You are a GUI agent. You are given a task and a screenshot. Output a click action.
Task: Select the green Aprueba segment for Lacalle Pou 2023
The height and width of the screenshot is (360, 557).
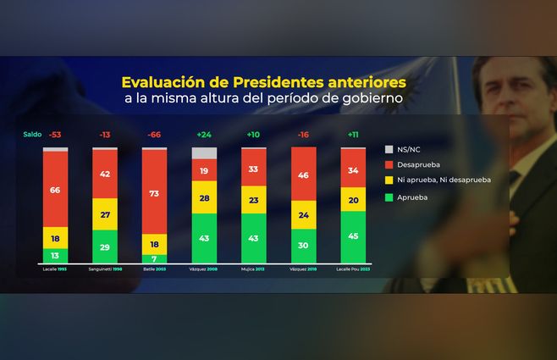pos(353,236)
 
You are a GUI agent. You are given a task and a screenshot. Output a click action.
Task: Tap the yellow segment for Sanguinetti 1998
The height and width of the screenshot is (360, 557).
pos(105,214)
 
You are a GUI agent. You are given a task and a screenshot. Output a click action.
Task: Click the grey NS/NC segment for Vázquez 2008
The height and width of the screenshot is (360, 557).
pos(204,153)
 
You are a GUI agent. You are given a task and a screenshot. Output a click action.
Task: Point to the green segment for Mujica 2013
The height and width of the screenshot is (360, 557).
pos(254,238)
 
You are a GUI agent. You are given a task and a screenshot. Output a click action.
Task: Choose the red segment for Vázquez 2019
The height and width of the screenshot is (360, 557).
pos(304,174)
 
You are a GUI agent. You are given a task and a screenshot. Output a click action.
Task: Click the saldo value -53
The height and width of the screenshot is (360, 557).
pos(55,135)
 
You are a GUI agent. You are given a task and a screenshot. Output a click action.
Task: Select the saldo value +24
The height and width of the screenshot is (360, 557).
pos(204,135)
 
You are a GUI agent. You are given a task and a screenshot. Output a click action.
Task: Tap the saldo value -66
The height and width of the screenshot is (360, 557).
pos(155,135)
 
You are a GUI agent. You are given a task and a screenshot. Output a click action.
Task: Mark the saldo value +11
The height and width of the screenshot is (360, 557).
pos(353,135)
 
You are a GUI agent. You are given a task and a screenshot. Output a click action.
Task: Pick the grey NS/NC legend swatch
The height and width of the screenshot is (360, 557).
pos(390,149)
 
